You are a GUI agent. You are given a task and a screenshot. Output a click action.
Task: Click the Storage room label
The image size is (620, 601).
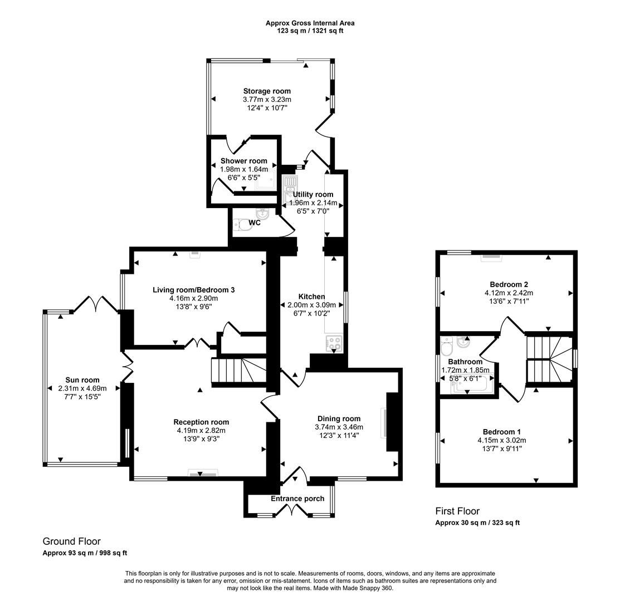(x=266, y=91)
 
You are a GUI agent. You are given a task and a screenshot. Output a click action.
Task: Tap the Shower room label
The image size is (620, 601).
(x=243, y=161)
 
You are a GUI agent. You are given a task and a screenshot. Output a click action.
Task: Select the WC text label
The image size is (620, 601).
(x=255, y=223)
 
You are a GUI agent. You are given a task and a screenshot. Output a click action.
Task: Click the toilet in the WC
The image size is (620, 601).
(x=243, y=225)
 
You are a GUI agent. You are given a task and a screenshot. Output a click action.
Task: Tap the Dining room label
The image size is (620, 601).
(x=339, y=418)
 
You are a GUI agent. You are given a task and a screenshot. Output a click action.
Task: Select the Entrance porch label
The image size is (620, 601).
(x=297, y=499)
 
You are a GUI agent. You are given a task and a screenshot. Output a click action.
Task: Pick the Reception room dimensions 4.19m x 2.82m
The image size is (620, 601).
(x=201, y=430)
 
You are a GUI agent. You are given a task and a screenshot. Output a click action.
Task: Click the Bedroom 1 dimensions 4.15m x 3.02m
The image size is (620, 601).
(x=501, y=440)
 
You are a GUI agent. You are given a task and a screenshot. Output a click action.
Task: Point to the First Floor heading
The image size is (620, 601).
(x=457, y=511)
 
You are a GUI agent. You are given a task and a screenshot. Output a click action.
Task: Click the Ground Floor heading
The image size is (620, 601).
(x=72, y=541)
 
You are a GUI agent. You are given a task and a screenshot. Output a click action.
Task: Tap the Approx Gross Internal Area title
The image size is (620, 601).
(x=310, y=23)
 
